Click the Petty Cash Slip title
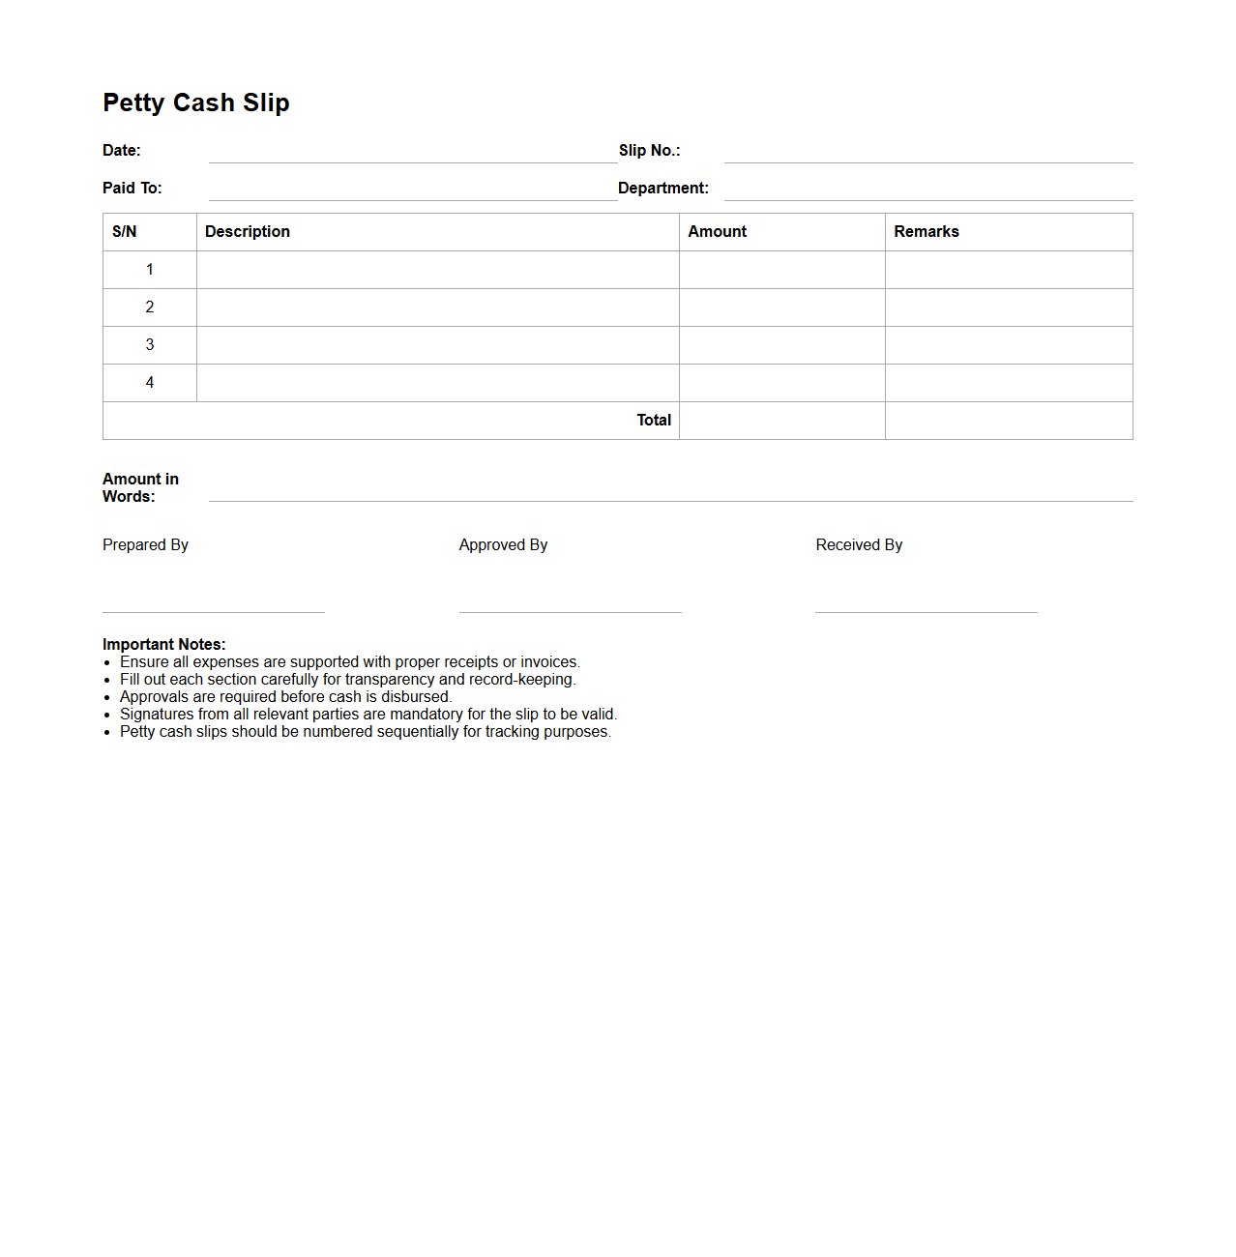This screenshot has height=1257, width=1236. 196,102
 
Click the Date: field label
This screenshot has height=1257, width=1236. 122,150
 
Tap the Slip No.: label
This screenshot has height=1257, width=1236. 649,150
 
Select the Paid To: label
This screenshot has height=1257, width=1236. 132,188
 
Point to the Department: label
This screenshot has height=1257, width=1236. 662,188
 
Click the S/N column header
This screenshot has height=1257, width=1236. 125,232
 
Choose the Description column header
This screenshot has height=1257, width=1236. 248,232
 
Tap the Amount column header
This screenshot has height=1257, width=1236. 717,232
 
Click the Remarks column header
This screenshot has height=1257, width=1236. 926,232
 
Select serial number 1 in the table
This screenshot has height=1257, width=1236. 150,270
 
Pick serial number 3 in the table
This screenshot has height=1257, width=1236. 150,345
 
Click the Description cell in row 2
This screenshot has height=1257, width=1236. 437,307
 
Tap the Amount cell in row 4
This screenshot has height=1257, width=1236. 781,383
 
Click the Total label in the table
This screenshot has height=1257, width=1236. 654,421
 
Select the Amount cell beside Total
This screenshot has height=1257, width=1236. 781,421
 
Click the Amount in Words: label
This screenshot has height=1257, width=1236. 141,487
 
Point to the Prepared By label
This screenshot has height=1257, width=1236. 145,545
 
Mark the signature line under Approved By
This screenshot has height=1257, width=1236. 570,611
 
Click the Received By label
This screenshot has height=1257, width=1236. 859,545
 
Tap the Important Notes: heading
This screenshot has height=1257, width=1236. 164,645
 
